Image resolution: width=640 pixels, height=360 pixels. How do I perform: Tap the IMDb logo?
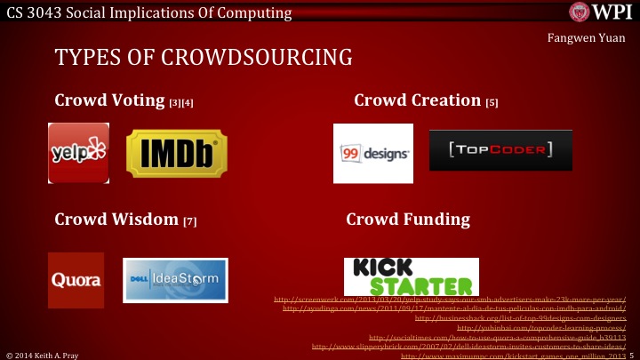pyautogui.click(x=176, y=153)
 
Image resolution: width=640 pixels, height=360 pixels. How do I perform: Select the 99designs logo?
pyautogui.click(x=373, y=153)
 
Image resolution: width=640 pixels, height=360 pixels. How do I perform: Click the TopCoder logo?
pyautogui.click(x=494, y=149)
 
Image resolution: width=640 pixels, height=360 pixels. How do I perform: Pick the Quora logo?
pyautogui.click(x=76, y=280)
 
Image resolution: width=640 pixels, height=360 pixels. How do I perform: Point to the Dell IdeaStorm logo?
pyautogui.click(x=175, y=280)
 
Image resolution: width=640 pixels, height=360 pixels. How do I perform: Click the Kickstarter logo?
pyautogui.click(x=411, y=276)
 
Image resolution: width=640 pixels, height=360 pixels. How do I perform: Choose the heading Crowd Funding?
pyautogui.click(x=408, y=219)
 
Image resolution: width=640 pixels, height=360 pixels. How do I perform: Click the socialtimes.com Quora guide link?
pyautogui.click(x=497, y=338)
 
